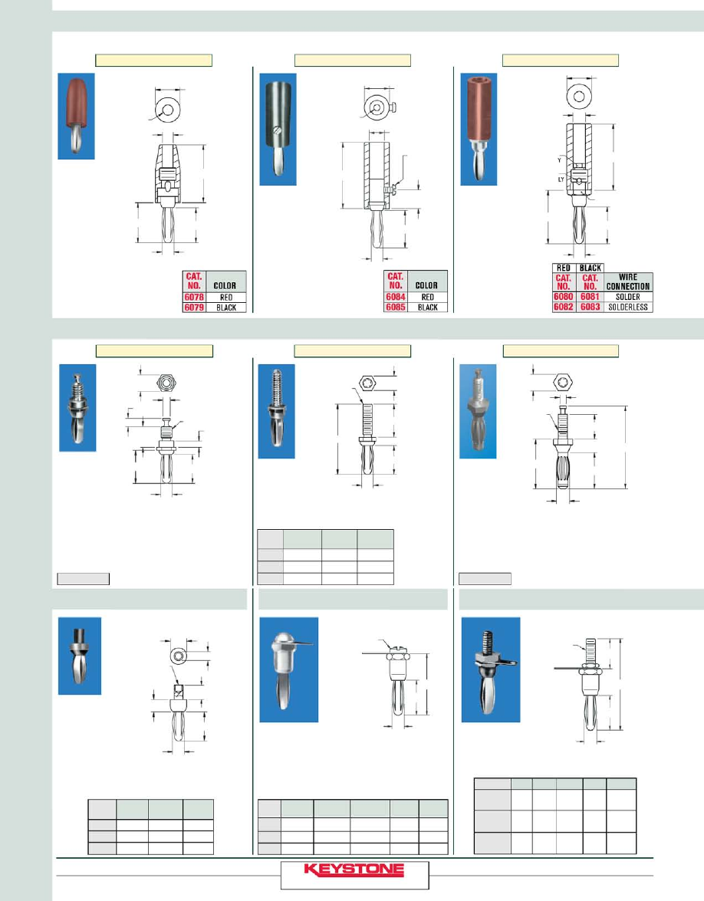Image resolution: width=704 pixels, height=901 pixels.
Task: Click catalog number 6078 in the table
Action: pyautogui.click(x=194, y=297)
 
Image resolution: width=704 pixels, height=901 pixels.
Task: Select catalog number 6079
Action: pyautogui.click(x=194, y=307)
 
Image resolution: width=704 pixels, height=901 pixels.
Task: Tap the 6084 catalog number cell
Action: pyautogui.click(x=396, y=297)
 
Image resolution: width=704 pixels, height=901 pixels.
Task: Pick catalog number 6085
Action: pyautogui.click(x=396, y=307)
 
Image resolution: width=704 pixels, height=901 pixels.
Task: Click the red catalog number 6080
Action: pyautogui.click(x=563, y=297)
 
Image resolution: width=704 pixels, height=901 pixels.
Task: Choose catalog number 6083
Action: pyautogui.click(x=591, y=307)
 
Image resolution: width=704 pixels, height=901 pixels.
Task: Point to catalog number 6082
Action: pyautogui.click(x=563, y=307)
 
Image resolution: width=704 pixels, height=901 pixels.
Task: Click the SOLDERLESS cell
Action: pyautogui.click(x=628, y=307)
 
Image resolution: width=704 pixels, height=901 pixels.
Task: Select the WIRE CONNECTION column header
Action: pyautogui.click(x=628, y=281)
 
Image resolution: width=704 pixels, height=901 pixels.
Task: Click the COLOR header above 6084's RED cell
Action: pyautogui.click(x=426, y=285)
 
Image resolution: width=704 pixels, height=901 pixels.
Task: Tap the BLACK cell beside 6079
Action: pyautogui.click(x=226, y=307)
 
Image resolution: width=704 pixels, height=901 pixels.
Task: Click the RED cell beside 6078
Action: pyautogui.click(x=226, y=297)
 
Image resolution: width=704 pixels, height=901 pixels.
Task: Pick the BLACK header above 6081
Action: pyautogui.click(x=591, y=268)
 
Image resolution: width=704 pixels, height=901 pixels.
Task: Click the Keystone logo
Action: pyautogui.click(x=354, y=870)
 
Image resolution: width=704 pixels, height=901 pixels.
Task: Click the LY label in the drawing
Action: pyautogui.click(x=561, y=180)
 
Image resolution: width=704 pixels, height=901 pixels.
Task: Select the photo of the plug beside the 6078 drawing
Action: pyautogui.click(x=76, y=116)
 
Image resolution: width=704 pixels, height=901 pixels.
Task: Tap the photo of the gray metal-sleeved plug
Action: pyautogui.click(x=278, y=130)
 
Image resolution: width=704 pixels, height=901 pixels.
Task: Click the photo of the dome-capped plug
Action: pyautogui.click(x=288, y=669)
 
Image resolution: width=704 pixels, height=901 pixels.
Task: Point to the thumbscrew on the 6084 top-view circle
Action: pyautogui.click(x=393, y=107)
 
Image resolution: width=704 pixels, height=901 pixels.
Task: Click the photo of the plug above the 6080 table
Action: pyautogui.click(x=479, y=130)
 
